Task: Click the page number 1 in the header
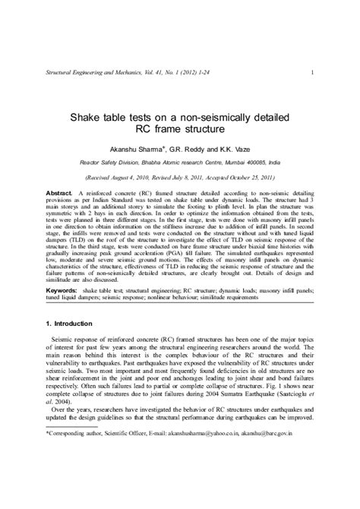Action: click(x=313, y=73)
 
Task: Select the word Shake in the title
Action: click(x=86, y=118)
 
